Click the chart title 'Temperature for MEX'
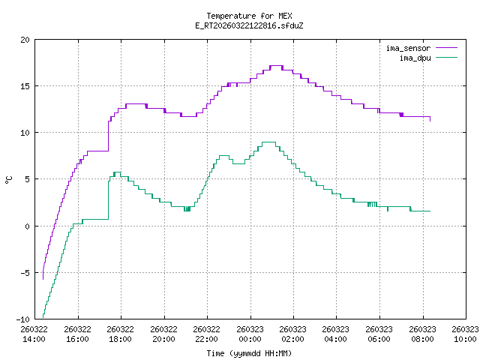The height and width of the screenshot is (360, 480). point(248,16)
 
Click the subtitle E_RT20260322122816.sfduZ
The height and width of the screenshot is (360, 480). point(248,25)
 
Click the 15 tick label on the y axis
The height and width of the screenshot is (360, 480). point(25,85)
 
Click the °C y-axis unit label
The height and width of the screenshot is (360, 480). point(8,179)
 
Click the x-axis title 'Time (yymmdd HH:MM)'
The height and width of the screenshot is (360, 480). point(248,352)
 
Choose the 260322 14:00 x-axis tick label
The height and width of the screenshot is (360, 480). point(34,333)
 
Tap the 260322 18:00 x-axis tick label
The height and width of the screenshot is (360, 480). point(121,333)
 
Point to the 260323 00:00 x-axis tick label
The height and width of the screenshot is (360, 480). point(250,333)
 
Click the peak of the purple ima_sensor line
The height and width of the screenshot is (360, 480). point(275,66)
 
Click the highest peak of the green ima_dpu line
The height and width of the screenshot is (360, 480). point(268,142)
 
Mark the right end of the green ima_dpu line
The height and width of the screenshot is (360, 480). point(430,211)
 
